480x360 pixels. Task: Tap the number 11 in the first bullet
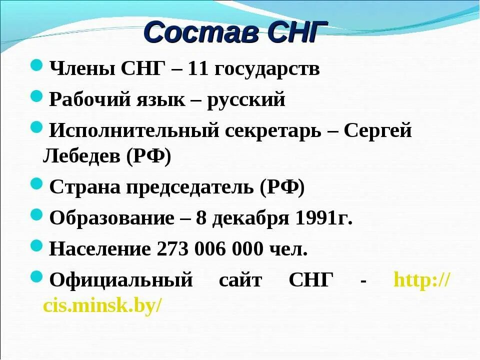(198, 69)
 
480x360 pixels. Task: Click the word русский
(246, 100)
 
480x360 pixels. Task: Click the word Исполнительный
(135, 131)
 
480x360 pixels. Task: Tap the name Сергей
(378, 131)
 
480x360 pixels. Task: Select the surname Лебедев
(81, 157)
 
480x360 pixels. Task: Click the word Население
(100, 249)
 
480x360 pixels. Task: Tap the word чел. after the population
(288, 249)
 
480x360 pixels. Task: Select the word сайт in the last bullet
(240, 280)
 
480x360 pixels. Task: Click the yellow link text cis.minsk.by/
(102, 305)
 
